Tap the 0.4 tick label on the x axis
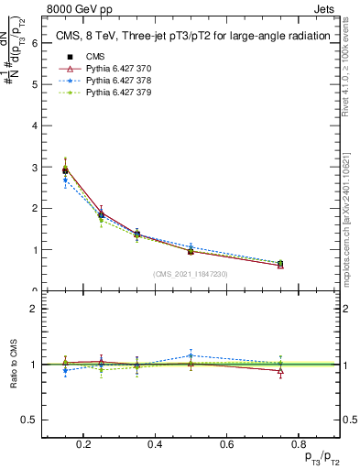[x=154, y=444]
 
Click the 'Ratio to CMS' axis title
[x=11, y=365]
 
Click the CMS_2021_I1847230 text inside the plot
[x=190, y=274]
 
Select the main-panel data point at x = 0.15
[x=65, y=169]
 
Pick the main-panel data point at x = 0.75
[x=280, y=264]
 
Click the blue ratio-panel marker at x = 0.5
[x=190, y=355]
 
